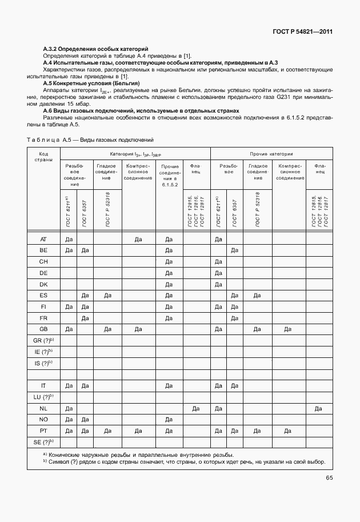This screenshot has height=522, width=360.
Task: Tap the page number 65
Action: click(x=329, y=478)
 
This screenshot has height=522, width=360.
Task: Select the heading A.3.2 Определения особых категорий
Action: click(x=95, y=49)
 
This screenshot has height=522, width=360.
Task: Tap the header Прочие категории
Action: click(x=271, y=154)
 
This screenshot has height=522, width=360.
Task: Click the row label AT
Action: click(x=43, y=240)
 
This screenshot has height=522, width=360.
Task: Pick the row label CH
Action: click(x=43, y=261)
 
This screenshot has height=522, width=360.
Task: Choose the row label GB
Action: click(x=43, y=329)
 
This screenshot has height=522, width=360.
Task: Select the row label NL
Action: click(x=43, y=408)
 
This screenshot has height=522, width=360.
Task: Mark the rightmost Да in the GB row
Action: click(x=288, y=329)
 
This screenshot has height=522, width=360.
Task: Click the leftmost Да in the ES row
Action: click(x=84, y=295)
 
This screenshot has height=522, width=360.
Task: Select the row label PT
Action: click(x=43, y=430)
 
